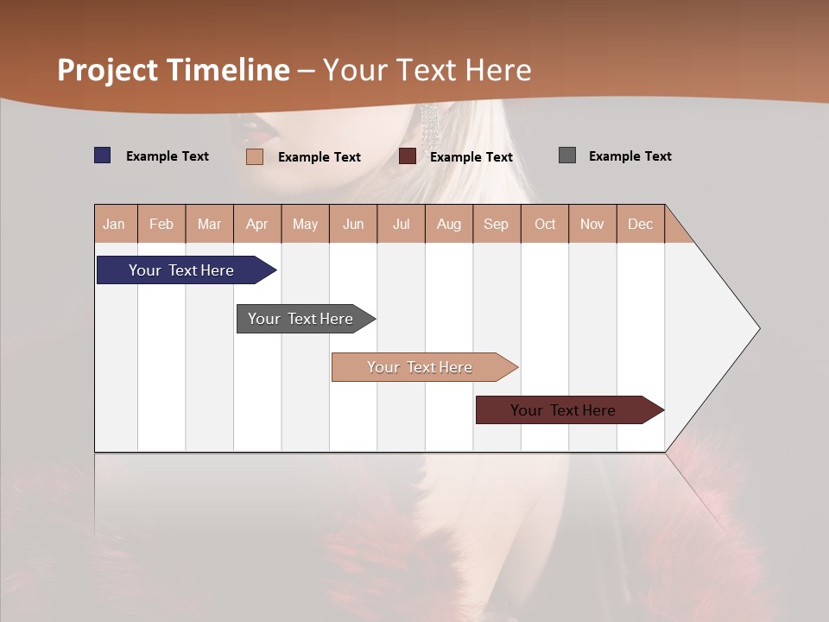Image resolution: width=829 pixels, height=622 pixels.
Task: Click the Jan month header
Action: pyautogui.click(x=114, y=224)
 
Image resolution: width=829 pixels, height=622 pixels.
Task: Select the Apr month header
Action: pyautogui.click(x=256, y=224)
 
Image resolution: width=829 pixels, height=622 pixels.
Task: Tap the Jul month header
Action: pyautogui.click(x=401, y=224)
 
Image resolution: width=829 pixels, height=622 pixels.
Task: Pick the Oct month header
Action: pyautogui.click(x=545, y=224)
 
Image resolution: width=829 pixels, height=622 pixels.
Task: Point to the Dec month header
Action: pyautogui.click(x=640, y=224)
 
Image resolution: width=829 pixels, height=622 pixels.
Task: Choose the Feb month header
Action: pyautogui.click(x=161, y=224)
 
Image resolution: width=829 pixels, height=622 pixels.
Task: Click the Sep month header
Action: pyautogui.click(x=496, y=224)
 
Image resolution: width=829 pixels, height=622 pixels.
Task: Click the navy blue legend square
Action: pyautogui.click(x=102, y=155)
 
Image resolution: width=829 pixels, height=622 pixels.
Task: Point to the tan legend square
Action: pyautogui.click(x=254, y=156)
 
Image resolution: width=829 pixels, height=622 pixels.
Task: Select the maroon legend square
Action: pyautogui.click(x=408, y=156)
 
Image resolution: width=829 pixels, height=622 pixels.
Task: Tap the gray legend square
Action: pyautogui.click(x=566, y=155)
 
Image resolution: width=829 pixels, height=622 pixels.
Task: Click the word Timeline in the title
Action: pyautogui.click(x=228, y=70)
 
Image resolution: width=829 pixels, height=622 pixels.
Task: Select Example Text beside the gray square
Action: pyautogui.click(x=630, y=156)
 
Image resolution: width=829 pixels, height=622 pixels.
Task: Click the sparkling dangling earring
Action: pyautogui.click(x=429, y=125)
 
